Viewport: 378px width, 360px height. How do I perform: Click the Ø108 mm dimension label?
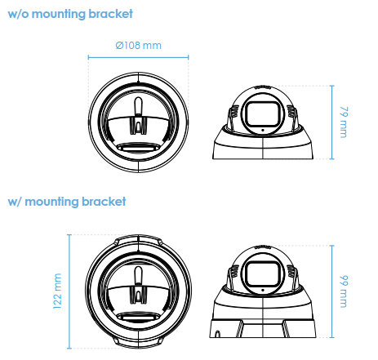[x=138, y=45]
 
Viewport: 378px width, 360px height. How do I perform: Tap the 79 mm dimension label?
[x=344, y=122]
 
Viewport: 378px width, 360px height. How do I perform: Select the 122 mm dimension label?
[x=57, y=291]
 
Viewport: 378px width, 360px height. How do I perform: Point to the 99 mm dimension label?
[x=344, y=291]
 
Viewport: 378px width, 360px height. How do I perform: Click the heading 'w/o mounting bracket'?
[x=70, y=14]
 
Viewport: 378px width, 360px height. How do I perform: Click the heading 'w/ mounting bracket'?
[x=67, y=202]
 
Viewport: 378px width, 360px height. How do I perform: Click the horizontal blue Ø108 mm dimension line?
[x=138, y=57]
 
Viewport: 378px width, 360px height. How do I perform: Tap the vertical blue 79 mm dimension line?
[x=331, y=122]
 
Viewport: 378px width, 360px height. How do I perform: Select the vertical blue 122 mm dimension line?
[x=69, y=291]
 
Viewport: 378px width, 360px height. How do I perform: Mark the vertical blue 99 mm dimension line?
[x=331, y=291]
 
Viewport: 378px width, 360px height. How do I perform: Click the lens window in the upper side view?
[x=263, y=113]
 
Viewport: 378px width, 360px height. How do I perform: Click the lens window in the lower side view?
[x=263, y=273]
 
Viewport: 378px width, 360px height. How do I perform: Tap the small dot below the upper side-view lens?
[x=263, y=130]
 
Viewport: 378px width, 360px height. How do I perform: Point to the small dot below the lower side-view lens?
[x=263, y=290]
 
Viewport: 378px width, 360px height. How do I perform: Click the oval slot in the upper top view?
[x=138, y=148]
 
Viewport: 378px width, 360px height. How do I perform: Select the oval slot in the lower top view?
[x=138, y=317]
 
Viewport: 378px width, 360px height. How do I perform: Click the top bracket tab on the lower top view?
[x=138, y=238]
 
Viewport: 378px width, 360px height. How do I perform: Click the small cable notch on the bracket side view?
[x=217, y=334]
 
